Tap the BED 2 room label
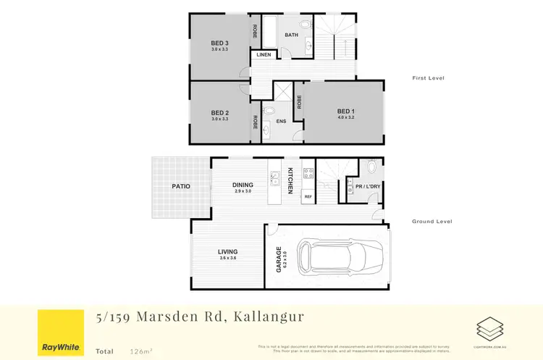(219, 112)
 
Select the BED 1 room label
(346, 111)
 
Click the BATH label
(291, 35)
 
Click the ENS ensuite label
(281, 121)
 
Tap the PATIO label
(181, 186)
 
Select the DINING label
(243, 185)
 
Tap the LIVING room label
(228, 252)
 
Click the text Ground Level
(432, 222)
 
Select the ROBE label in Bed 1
(298, 101)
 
